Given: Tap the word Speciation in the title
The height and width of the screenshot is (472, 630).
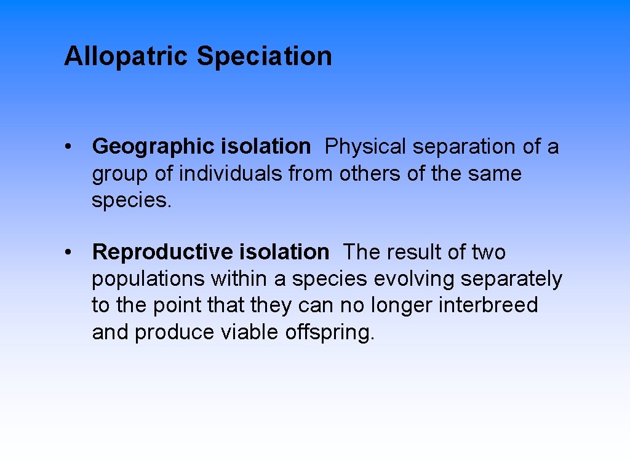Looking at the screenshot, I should pyautogui.click(x=264, y=57).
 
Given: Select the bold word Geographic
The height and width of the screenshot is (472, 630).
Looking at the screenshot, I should pyautogui.click(x=153, y=147).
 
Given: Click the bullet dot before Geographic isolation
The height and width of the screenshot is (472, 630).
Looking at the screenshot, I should pyautogui.click(x=72, y=147).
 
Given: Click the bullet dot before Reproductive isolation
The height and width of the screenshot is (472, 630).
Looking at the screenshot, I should pyautogui.click(x=72, y=252).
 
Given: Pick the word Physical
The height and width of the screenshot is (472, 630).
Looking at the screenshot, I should pyautogui.click(x=365, y=147).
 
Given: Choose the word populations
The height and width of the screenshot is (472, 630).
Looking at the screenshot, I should pyautogui.click(x=148, y=279).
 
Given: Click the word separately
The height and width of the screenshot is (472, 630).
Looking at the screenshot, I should pyautogui.click(x=511, y=279).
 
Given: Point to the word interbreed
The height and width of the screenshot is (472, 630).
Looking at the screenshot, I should pyautogui.click(x=488, y=305).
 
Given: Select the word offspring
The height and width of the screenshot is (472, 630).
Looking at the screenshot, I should pyautogui.click(x=329, y=332).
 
